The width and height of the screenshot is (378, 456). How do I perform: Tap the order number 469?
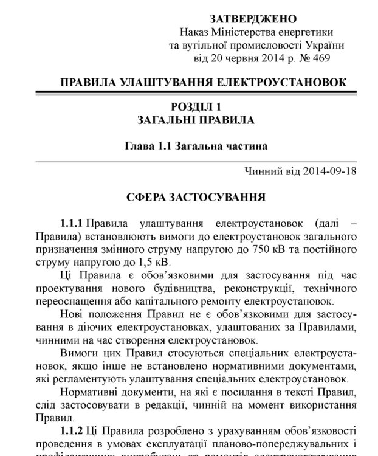point(322,58)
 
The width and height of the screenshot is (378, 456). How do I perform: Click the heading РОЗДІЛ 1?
point(195,107)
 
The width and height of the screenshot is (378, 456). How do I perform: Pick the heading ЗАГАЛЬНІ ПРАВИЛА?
point(196,120)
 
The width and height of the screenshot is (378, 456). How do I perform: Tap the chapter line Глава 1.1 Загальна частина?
point(196,146)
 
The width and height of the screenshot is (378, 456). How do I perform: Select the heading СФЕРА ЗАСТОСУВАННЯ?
point(195,197)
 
